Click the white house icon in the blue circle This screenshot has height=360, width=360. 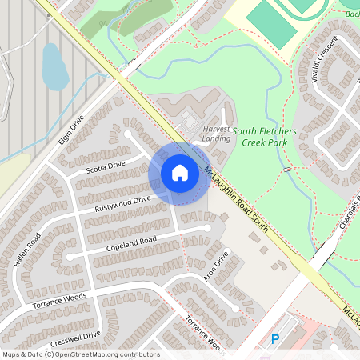tap(180, 173)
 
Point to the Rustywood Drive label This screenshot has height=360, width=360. tap(122, 205)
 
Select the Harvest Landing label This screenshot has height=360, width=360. tap(216, 134)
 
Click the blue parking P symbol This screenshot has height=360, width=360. tap(275, 339)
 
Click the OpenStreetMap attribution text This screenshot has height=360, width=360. tap(80, 354)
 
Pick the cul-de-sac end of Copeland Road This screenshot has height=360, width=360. tap(208, 228)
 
